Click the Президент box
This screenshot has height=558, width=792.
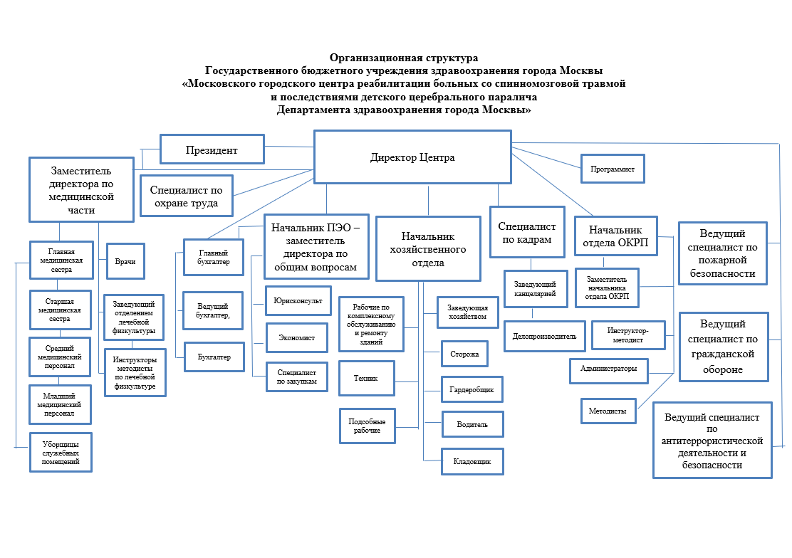[x=212, y=150]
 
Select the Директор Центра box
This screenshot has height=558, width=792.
[x=412, y=157]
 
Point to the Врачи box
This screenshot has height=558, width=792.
[x=125, y=262]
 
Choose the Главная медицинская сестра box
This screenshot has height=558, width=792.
[x=61, y=260]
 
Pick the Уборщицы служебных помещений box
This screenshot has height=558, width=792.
[x=61, y=451]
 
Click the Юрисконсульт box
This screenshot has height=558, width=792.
[x=298, y=301]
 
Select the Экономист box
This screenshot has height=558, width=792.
[x=296, y=337]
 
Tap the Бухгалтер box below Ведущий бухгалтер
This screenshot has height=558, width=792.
[x=214, y=357]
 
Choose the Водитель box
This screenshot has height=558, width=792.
[x=472, y=424]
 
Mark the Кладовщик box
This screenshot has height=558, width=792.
[x=472, y=461]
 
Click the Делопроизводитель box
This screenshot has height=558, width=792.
[x=544, y=336]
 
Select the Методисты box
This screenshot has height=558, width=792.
[x=608, y=411]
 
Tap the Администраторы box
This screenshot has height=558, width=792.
[x=608, y=369]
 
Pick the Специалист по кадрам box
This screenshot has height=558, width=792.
[x=526, y=233]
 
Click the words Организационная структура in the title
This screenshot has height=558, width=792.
[x=404, y=57]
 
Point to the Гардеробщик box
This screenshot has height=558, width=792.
[x=472, y=389]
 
